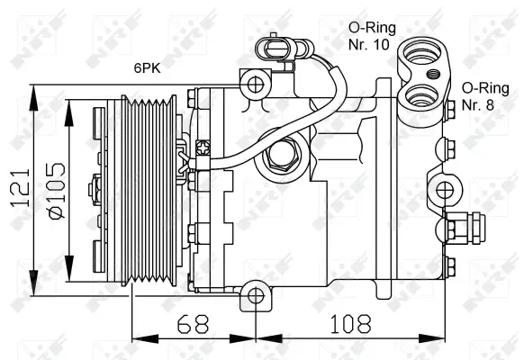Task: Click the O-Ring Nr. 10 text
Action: point(367,35)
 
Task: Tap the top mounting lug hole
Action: point(255,85)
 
